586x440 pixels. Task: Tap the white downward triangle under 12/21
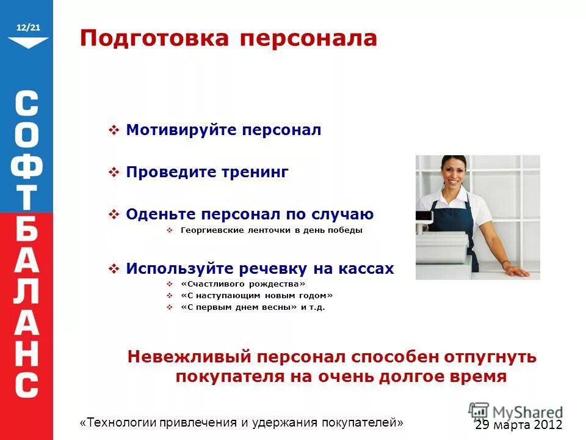click(28, 42)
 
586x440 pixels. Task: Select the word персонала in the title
click(308, 38)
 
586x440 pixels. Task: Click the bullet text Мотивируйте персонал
click(223, 130)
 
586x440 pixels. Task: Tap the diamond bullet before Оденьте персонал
click(114, 215)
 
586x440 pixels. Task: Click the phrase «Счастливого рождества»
click(242, 284)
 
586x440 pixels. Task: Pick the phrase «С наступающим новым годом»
click(256, 295)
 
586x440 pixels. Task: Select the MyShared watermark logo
click(516, 412)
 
